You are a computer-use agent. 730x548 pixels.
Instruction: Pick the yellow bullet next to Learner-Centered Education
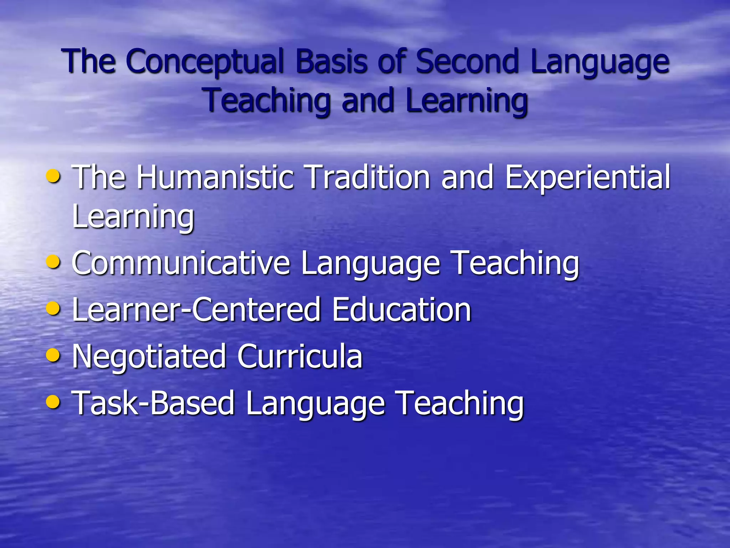coord(53,308)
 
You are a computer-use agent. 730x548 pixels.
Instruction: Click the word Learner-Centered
coord(196,310)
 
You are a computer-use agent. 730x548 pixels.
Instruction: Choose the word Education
coord(401,310)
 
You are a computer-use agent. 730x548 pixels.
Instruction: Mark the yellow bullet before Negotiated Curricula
coord(53,355)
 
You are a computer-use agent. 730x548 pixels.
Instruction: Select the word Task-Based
coord(153,403)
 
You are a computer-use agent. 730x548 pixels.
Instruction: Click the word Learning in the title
coord(466,101)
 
